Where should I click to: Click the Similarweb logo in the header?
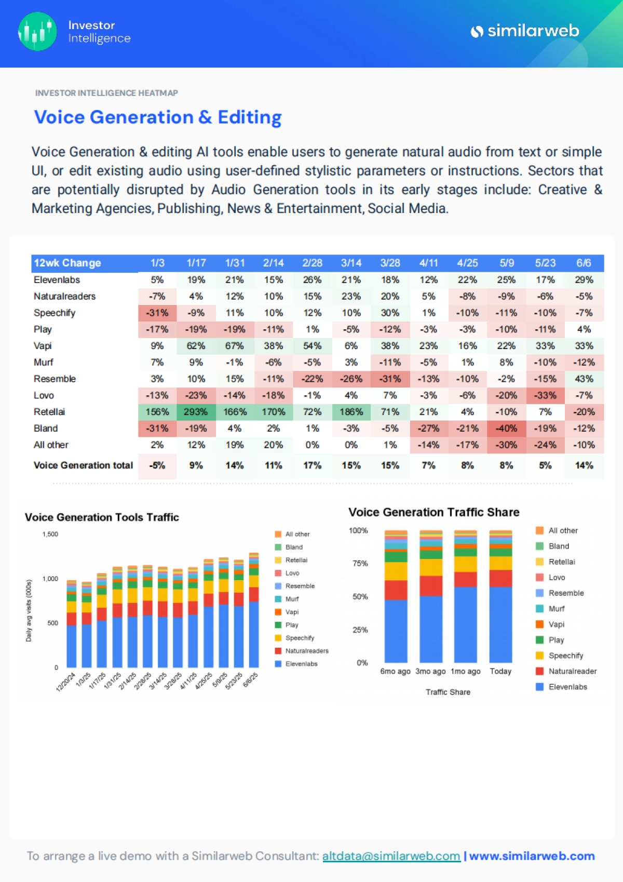524,31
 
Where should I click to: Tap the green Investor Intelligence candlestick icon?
37,31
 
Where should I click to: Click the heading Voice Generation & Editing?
158,117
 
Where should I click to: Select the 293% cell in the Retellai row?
196,412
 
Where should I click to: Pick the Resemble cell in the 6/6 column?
584,379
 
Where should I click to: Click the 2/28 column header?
312,263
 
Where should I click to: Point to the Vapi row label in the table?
43,346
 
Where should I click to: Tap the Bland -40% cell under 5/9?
506,429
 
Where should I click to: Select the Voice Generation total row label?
83,465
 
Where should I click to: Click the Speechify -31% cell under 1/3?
157,313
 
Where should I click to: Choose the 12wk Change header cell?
67,263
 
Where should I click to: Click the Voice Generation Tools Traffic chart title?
102,517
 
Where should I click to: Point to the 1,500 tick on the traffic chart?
50,534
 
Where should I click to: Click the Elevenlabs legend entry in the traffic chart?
301,664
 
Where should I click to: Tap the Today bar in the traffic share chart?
500,597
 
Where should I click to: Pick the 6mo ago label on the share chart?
395,671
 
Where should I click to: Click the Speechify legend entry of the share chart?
565,656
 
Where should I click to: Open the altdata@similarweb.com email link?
391,856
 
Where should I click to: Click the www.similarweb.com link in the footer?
532,856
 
